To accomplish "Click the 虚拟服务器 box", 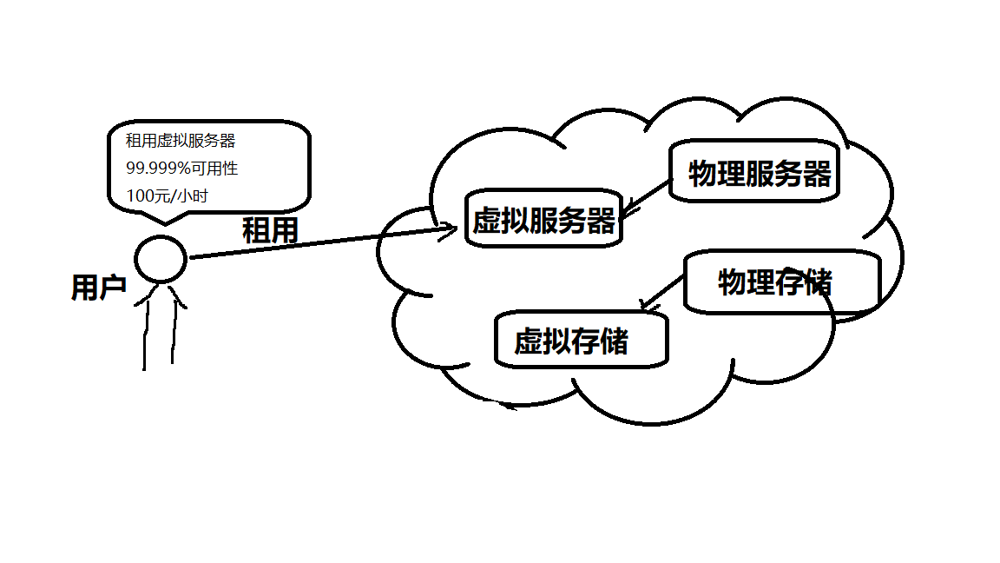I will coord(544,220).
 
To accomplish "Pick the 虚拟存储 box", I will coord(581,341).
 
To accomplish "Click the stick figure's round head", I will coord(161,259).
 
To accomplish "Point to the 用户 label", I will coord(99,288).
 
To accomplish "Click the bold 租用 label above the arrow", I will coord(270,230).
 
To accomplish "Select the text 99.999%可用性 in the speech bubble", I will coord(181,169).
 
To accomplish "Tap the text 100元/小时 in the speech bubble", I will coord(168,195).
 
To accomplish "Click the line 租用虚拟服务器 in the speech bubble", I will coord(181,141).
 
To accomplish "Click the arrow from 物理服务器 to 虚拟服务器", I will coord(648,197).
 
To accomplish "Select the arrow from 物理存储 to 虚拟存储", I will coord(661,292).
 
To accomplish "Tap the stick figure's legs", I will coord(158,334).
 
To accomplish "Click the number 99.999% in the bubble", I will coord(157,169).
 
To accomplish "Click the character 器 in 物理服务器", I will coord(817,174).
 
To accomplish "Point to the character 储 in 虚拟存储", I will coord(614,341).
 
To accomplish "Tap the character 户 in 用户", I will coord(114,288).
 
